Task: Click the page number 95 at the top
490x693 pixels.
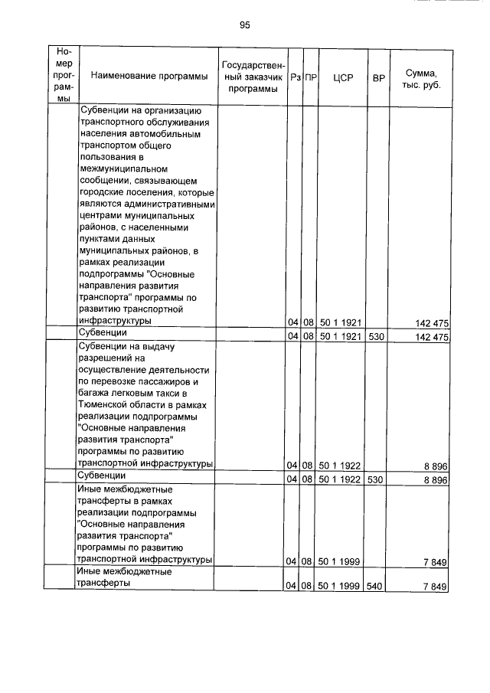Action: [245, 25]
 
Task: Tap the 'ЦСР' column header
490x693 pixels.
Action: [342, 77]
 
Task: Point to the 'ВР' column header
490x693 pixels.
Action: [378, 77]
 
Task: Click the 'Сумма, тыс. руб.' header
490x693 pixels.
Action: [420, 77]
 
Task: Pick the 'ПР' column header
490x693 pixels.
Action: [310, 77]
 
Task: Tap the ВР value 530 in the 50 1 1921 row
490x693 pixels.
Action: [377, 336]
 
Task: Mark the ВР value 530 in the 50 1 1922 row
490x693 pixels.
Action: [377, 479]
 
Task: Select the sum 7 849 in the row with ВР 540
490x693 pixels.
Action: [434, 586]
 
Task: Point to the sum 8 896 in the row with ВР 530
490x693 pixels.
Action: [434, 479]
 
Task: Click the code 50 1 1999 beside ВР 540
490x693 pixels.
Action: [341, 586]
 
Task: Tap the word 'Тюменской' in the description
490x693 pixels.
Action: [105, 404]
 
